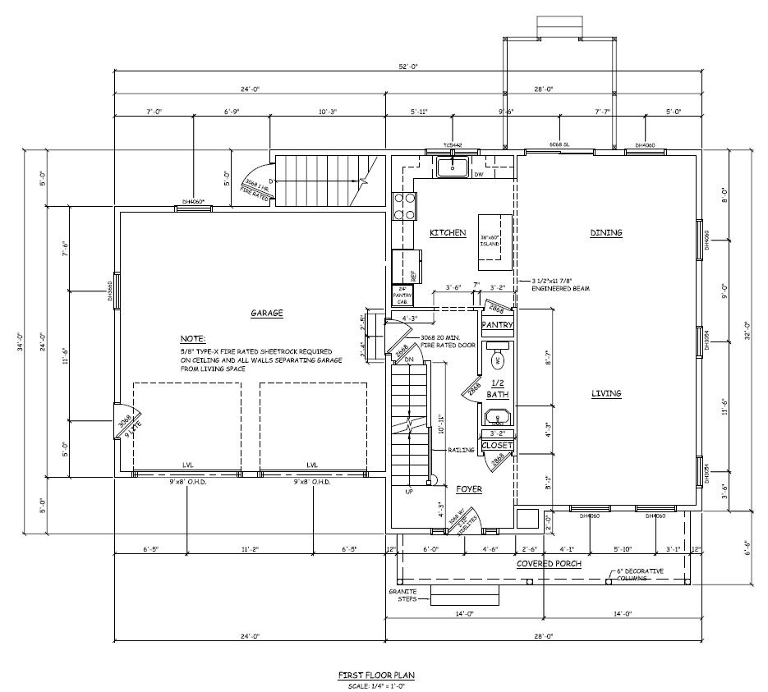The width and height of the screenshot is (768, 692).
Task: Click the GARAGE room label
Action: click(267, 313)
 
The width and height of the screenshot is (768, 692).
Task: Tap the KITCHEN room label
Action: click(448, 233)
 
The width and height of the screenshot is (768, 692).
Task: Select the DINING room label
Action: click(606, 232)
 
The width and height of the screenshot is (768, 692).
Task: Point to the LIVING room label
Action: click(606, 393)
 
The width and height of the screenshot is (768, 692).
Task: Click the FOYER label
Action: click(469, 489)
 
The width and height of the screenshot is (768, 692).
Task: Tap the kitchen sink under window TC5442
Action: click(452, 167)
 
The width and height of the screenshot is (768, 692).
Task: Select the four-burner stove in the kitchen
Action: click(402, 206)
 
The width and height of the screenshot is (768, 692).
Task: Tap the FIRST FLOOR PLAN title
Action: click(376, 675)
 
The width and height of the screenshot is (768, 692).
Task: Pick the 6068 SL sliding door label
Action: click(559, 144)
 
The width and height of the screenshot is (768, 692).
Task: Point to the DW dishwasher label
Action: click(479, 173)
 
